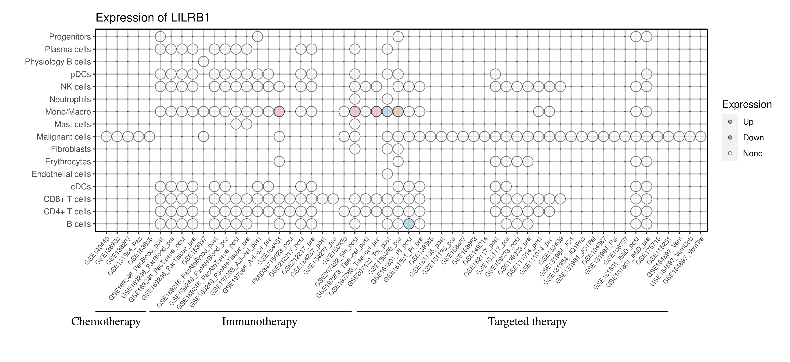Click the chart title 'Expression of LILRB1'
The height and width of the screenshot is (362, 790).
[x=153, y=18]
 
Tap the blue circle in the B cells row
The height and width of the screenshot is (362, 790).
[x=409, y=224]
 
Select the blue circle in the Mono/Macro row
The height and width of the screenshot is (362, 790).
[x=387, y=112]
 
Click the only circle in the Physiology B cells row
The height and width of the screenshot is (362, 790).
[x=203, y=62]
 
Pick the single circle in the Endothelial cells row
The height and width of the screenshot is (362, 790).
[x=387, y=174]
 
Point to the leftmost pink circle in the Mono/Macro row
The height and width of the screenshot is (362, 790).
[x=279, y=112]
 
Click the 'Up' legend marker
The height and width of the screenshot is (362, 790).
[x=730, y=122]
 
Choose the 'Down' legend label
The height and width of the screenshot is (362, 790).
[x=753, y=138]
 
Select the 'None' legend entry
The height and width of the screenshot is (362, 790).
[x=753, y=154]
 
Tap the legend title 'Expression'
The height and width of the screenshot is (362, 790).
[x=747, y=104]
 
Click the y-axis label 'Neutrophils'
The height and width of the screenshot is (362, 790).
[x=70, y=99]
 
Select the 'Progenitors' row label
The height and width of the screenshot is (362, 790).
[x=70, y=37]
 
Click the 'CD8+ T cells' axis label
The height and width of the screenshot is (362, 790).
[x=67, y=199]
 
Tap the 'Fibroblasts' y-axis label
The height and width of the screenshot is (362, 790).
[x=71, y=149]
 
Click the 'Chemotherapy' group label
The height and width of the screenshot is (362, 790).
[x=106, y=322]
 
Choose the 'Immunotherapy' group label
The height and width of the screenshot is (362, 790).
[x=259, y=322]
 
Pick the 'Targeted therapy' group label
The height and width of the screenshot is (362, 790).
[x=528, y=322]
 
